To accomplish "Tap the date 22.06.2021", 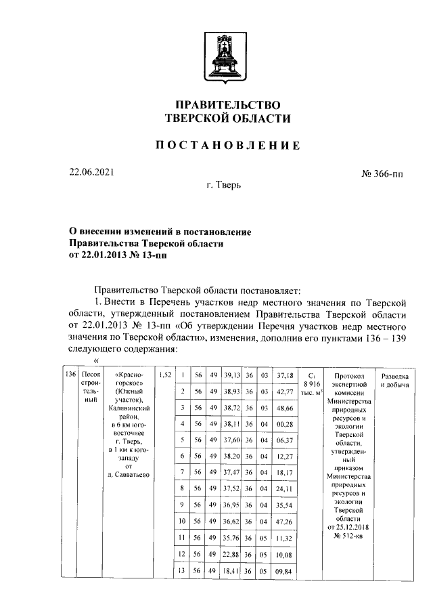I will coord(92,172).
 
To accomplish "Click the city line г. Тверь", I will coord(224,184).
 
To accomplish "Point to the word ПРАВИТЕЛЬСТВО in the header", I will coord(227,105).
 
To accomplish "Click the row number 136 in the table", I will coord(68,375).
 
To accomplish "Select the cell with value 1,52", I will coord(164,375).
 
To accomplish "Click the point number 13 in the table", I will coord(183,570).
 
